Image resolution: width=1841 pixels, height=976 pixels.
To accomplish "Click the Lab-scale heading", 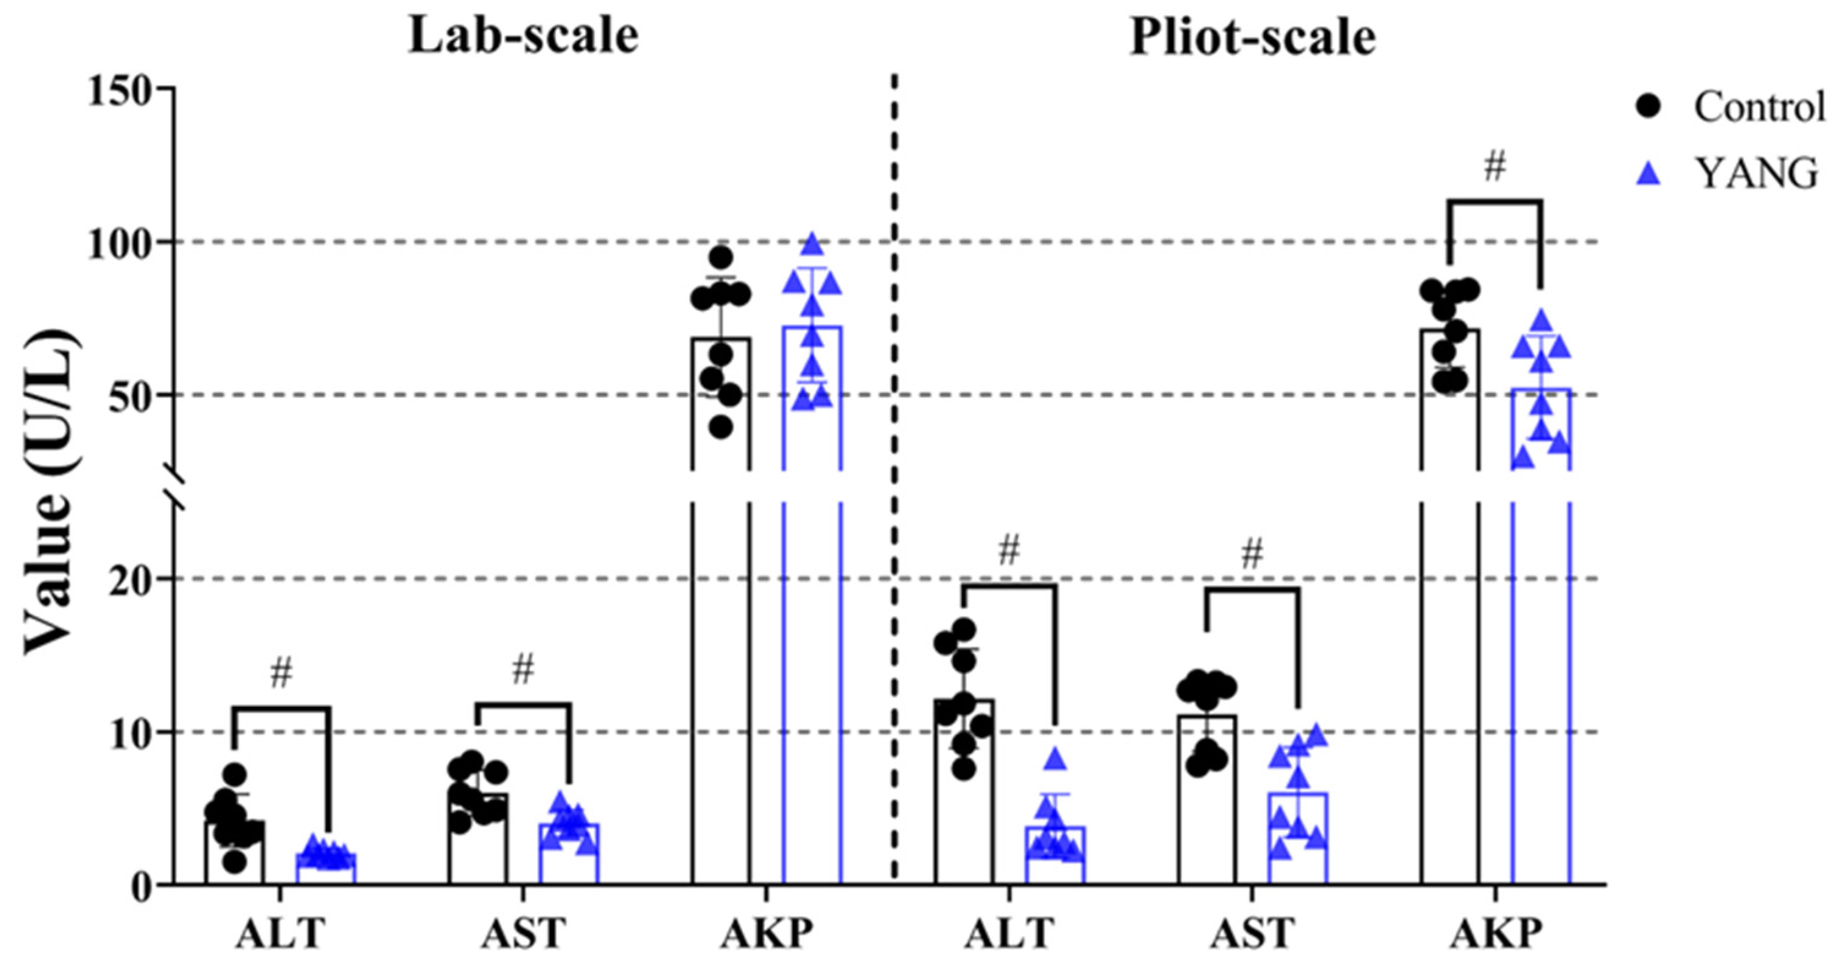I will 523,37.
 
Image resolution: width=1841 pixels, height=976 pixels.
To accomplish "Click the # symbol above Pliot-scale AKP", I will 1494,167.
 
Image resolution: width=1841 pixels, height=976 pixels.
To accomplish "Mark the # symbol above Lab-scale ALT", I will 281,674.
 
